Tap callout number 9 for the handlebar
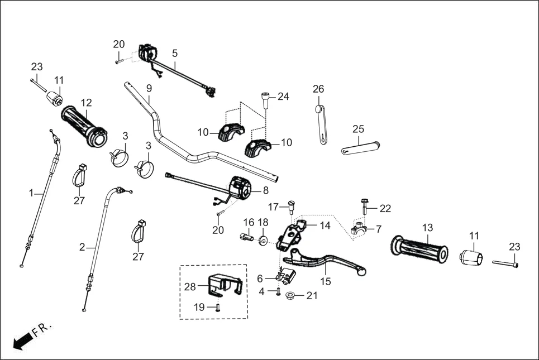tap(149, 88)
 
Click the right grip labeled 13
tap(420, 249)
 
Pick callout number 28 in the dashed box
tap(190, 287)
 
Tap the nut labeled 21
tap(290, 295)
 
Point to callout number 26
tap(318, 89)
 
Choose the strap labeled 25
tap(361, 147)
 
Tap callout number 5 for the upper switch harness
tap(175, 54)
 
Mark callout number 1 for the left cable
tap(31, 193)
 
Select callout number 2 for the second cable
tap(82, 247)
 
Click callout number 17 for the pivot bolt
tap(273, 207)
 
